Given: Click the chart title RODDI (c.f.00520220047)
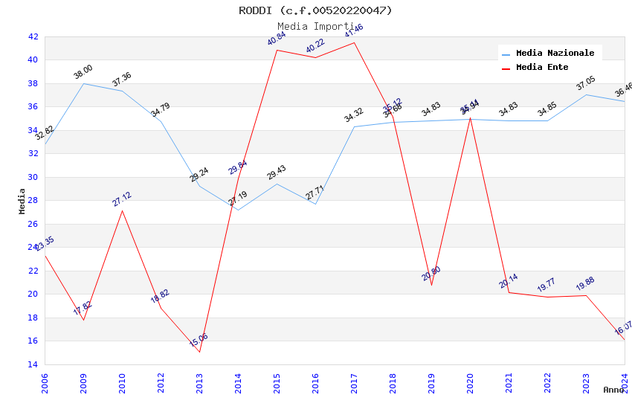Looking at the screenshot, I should point(315,10).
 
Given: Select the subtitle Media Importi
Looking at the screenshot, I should point(315,27).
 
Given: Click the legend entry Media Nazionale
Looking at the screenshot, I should point(555,53).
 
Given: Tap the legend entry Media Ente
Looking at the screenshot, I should point(542,67).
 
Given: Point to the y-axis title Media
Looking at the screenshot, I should point(22,201).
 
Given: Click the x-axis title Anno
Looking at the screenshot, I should point(613,390).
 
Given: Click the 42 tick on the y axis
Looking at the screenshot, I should point(33,36).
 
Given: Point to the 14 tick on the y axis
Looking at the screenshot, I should point(33,364).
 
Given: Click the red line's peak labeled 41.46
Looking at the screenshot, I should point(354,42).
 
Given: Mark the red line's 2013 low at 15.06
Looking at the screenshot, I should point(199,352).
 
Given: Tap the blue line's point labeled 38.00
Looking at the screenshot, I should point(83,83).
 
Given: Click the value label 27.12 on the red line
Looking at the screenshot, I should point(122,199).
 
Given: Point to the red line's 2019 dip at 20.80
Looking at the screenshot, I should point(431,285).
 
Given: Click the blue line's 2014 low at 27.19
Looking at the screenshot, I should point(238,210).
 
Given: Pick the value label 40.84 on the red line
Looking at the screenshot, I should point(277,39).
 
